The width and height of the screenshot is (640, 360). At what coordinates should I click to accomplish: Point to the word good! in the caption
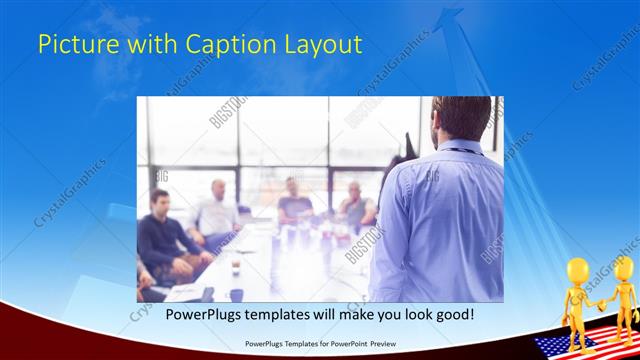pyautogui.click(x=452, y=314)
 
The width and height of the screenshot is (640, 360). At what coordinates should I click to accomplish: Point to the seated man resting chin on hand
pyautogui.click(x=354, y=204)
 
